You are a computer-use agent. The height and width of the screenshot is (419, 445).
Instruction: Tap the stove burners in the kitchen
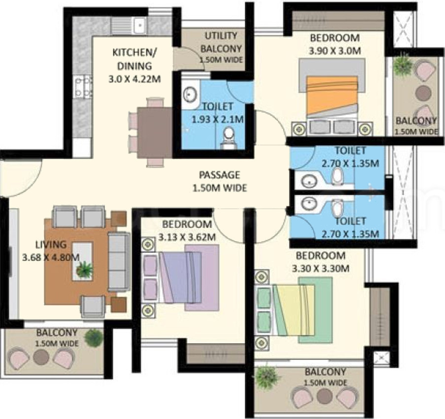point(82,87)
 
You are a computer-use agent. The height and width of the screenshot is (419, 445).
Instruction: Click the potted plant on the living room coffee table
point(84,269)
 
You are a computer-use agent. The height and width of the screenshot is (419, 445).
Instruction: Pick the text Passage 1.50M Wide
point(219,181)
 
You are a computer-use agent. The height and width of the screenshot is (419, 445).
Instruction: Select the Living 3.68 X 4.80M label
point(51,250)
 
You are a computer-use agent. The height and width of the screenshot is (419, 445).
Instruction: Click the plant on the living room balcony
point(93,338)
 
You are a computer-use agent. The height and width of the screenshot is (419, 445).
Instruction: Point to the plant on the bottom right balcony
point(267,377)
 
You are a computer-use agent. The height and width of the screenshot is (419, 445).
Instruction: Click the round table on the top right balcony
point(423,93)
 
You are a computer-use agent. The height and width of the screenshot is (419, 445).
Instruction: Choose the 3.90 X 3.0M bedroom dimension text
point(335,50)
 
